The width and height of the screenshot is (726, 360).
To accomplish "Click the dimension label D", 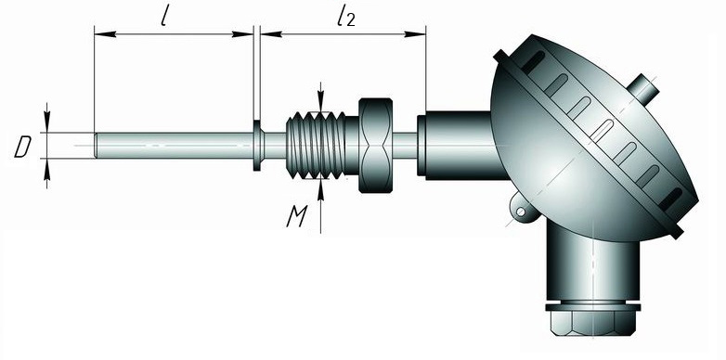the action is click(x=22, y=148).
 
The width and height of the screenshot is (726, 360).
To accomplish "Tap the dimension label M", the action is click(x=297, y=216).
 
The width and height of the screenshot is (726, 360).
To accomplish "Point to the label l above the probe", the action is click(x=164, y=17).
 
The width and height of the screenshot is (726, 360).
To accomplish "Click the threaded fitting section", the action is click(x=316, y=145).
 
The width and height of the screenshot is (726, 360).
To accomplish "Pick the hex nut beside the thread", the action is click(x=376, y=145).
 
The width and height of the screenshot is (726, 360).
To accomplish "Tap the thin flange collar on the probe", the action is click(x=257, y=146).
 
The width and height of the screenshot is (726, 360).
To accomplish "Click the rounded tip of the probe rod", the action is click(x=97, y=145).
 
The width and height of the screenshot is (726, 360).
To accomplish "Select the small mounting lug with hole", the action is click(x=523, y=210).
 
